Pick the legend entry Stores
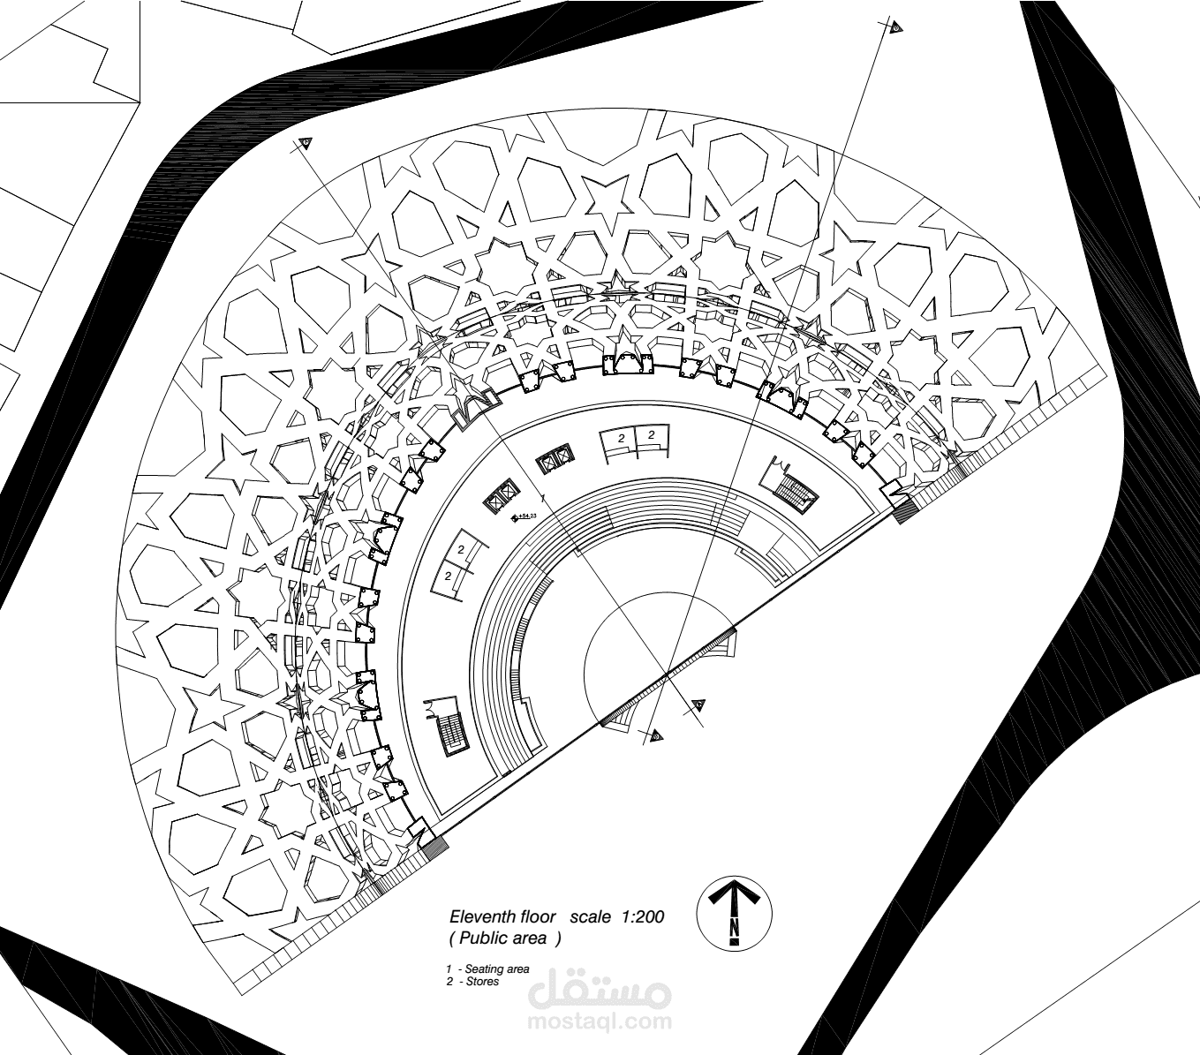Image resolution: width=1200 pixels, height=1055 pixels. [482, 981]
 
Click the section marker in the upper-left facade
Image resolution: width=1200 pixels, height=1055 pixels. [306, 143]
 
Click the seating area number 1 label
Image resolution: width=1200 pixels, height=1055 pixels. [542, 499]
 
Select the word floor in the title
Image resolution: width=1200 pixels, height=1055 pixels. [539, 917]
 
